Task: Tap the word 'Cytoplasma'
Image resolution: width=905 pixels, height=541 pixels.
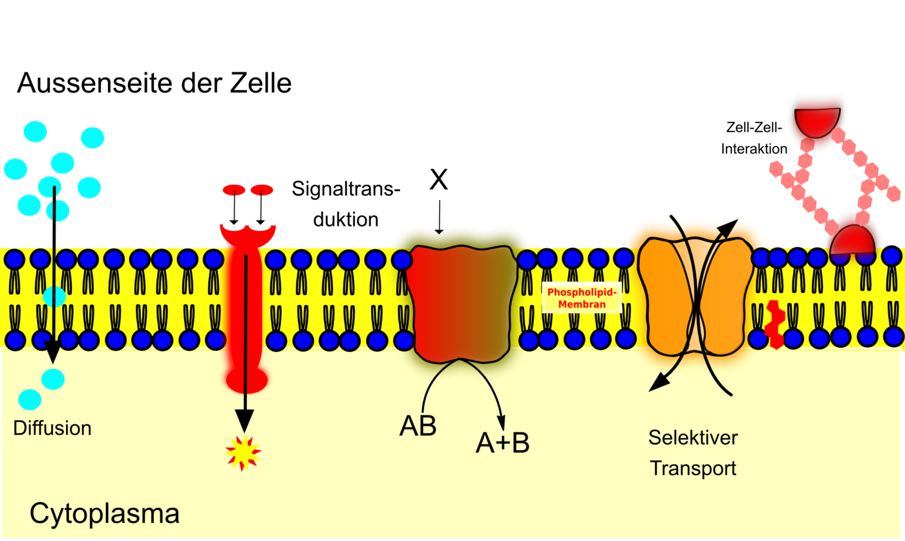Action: click(x=104, y=514)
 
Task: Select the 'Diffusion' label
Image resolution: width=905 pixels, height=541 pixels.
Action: click(x=52, y=428)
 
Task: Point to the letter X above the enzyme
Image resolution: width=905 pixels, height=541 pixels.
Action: click(x=439, y=181)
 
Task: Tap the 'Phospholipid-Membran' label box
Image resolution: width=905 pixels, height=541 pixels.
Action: click(x=581, y=298)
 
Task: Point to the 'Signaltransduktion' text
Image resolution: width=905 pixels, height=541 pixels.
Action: click(x=346, y=204)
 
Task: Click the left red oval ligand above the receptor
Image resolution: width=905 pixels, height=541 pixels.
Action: click(x=233, y=190)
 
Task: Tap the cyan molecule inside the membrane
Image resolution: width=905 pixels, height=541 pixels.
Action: click(x=54, y=296)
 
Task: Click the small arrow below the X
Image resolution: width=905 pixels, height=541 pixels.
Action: click(x=439, y=217)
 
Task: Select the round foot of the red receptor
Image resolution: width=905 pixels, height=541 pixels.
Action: click(x=246, y=381)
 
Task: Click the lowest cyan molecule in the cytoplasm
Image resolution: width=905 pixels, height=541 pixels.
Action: click(x=30, y=399)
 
